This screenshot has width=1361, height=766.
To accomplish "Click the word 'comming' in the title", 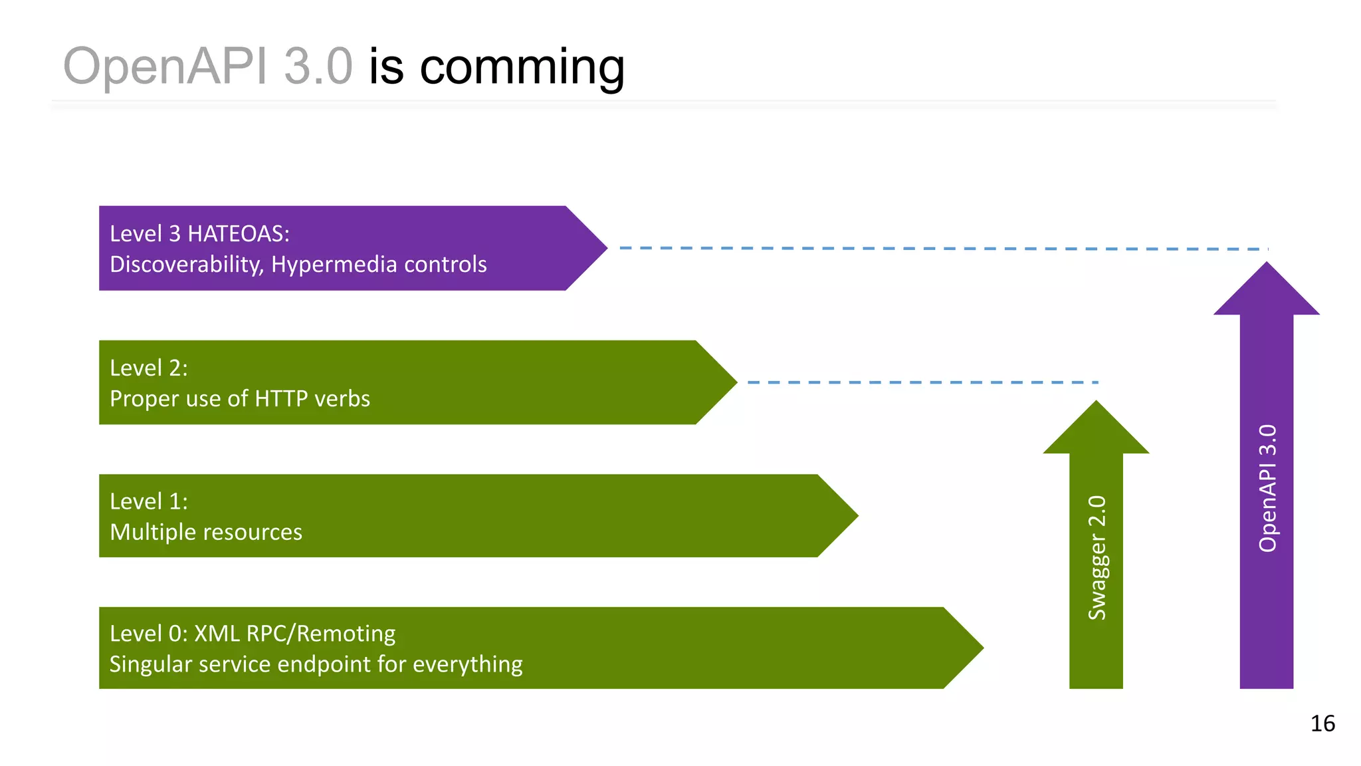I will pyautogui.click(x=522, y=67).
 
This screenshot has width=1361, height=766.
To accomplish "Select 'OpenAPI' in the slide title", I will pyautogui.click(x=165, y=67).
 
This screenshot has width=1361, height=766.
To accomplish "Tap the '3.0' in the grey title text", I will pyautogui.click(x=318, y=66).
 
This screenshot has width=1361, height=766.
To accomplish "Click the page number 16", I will pyautogui.click(x=1322, y=723).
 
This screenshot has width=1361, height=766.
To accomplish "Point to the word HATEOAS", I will pyautogui.click(x=239, y=233).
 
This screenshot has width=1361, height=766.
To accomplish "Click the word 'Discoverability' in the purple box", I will pyautogui.click(x=187, y=265).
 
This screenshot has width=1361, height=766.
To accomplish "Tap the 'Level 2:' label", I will pyautogui.click(x=149, y=368).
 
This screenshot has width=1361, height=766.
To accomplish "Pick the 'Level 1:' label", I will pyautogui.click(x=149, y=501).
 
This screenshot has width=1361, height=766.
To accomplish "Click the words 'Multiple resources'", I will pyautogui.click(x=206, y=532).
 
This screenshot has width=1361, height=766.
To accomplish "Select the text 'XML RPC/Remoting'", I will pyautogui.click(x=294, y=634).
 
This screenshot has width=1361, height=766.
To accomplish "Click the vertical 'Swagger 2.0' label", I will pyautogui.click(x=1097, y=557).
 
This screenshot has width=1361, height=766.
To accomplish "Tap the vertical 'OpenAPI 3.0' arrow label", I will pyautogui.click(x=1267, y=488).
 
